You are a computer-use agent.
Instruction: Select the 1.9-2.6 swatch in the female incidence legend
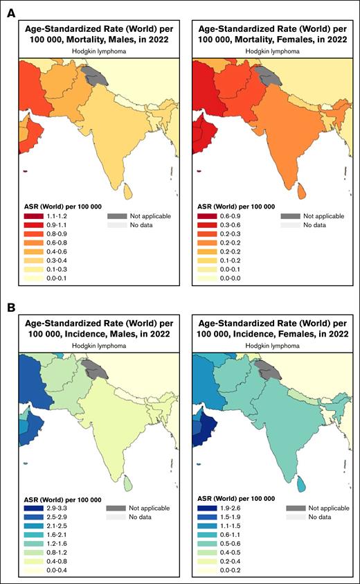[x=204, y=508]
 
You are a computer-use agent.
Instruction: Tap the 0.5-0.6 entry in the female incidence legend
[x=204, y=543]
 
